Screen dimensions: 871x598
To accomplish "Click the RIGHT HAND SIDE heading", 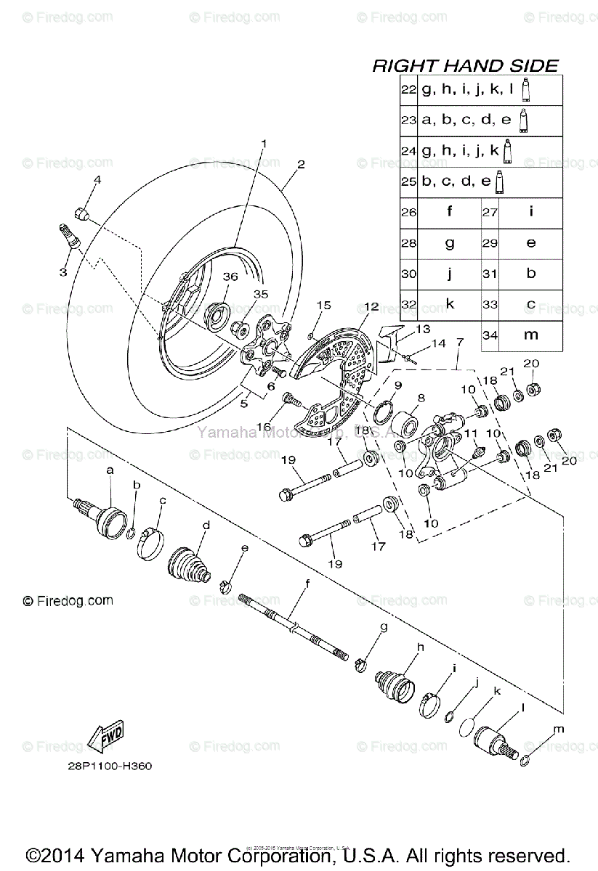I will [465, 66].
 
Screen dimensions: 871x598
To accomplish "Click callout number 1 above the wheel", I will [264, 143].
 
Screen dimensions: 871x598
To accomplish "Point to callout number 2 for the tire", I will [300, 164].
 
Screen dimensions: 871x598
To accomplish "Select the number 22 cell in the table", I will [408, 89].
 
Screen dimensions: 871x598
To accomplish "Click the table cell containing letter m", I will [531, 335].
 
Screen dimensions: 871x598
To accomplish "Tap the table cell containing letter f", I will [449, 212].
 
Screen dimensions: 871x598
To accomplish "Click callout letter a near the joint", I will [110, 470].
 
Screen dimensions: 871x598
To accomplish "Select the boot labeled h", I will [392, 683].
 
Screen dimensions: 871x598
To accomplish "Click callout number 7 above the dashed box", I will [459, 341].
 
